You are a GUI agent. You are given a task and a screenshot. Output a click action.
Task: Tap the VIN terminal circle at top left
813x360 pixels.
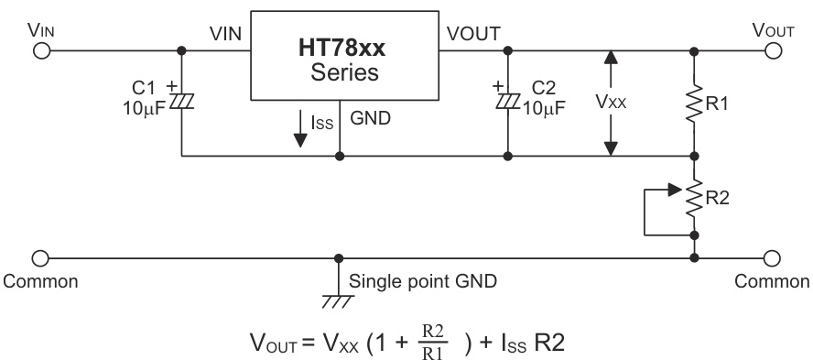(40, 50)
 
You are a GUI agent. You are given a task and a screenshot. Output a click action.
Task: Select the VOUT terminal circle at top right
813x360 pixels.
(772, 50)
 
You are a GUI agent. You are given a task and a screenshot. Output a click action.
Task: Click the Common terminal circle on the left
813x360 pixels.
(40, 258)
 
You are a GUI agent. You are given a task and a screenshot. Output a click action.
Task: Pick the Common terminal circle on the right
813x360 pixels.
(772, 258)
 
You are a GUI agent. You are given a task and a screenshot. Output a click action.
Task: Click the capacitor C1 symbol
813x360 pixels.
(182, 100)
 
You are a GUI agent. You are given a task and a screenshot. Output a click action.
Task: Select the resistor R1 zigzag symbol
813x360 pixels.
(695, 103)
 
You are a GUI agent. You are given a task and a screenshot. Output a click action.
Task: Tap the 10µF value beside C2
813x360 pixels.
(544, 106)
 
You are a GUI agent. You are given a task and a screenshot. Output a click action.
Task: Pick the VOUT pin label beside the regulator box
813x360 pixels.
(472, 34)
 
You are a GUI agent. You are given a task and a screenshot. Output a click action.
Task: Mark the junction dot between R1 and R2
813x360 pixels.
(695, 156)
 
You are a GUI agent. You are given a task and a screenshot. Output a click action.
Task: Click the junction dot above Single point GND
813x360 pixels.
(340, 258)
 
